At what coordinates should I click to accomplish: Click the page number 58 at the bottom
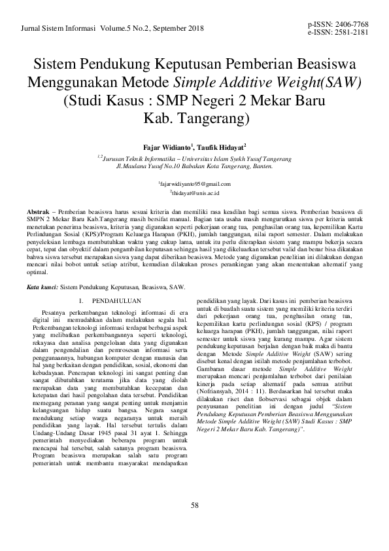(x=194, y=504)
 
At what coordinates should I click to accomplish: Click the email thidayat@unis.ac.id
(x=195, y=194)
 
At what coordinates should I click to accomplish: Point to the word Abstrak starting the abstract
(x=38, y=214)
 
